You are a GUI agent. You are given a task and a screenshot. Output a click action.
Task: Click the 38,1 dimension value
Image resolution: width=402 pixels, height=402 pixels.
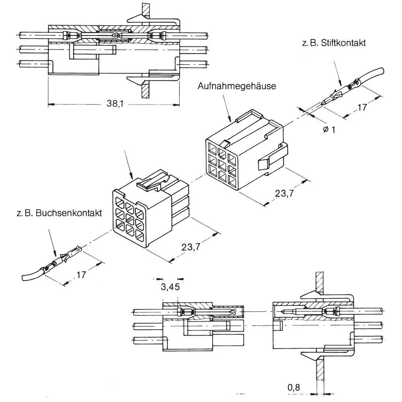pos(114,104)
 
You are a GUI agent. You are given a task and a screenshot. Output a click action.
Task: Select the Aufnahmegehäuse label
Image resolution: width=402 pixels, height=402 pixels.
pos(237,86)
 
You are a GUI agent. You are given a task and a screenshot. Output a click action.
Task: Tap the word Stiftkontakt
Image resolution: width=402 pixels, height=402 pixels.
pos(344,43)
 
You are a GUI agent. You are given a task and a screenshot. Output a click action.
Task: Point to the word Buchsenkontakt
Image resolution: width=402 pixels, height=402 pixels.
pos(69,213)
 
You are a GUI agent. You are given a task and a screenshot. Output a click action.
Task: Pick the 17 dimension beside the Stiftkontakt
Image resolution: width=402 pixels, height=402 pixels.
pos(362,107)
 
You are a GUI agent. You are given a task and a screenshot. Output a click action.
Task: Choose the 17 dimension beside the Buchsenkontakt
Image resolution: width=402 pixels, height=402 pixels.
pos(81,275)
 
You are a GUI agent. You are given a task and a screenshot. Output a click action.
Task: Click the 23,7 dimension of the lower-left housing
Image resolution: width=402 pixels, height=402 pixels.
pos(191,247)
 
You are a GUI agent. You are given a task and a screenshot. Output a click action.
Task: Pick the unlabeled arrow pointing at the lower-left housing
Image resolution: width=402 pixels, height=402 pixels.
pos(129,165)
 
